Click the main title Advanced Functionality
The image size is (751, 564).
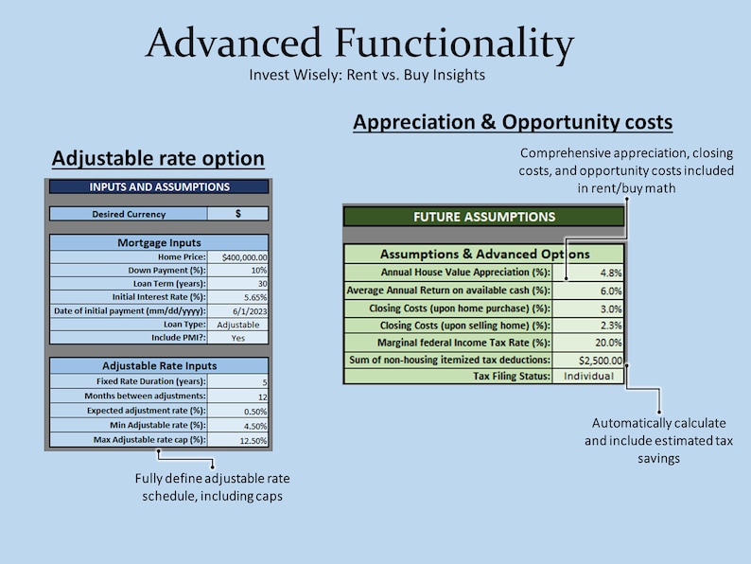(x=359, y=44)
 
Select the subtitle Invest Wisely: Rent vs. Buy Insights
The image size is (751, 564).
(x=367, y=75)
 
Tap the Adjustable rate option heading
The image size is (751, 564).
(x=158, y=157)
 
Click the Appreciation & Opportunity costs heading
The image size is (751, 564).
(x=512, y=122)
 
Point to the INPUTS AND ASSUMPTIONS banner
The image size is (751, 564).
(x=159, y=187)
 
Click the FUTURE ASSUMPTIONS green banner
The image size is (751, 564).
(x=483, y=217)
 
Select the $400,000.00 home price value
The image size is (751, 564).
(x=244, y=257)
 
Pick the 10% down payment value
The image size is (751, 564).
(x=255, y=271)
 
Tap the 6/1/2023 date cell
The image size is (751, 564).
(x=250, y=310)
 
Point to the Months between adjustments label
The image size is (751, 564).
(x=143, y=396)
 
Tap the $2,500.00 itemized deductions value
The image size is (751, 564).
(x=600, y=360)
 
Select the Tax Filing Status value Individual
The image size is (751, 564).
(x=587, y=376)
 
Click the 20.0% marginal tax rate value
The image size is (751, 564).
(x=606, y=343)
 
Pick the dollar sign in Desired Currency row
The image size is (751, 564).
(x=237, y=214)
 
